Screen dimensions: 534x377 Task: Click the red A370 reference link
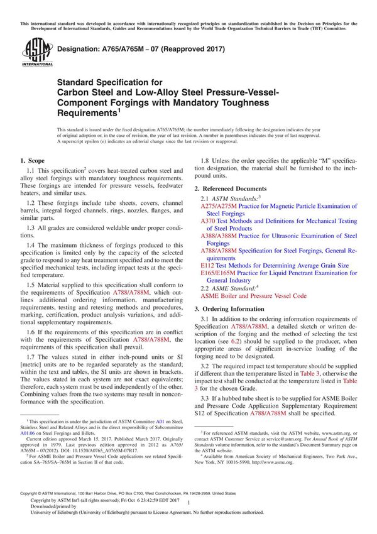coord(209,221)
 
